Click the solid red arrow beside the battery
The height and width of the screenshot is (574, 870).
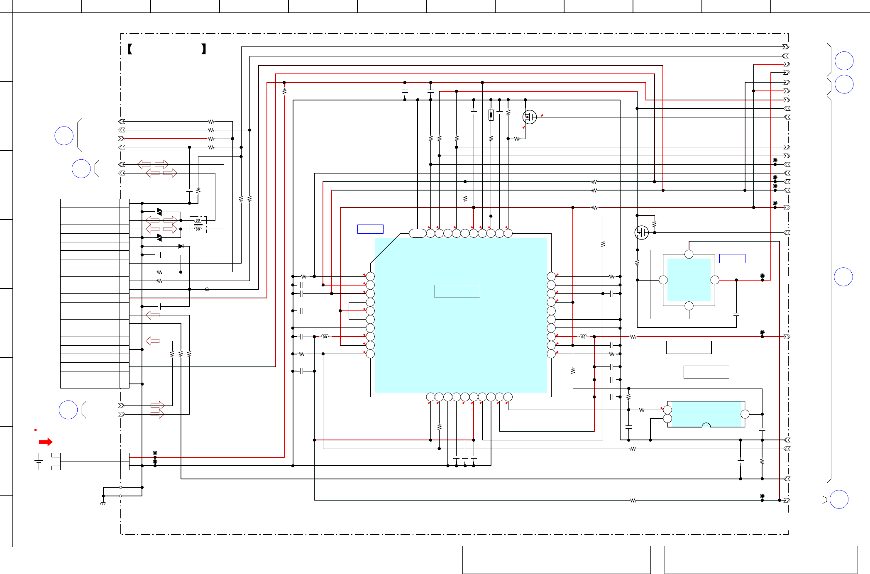46,442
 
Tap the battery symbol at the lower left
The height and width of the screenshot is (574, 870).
39,461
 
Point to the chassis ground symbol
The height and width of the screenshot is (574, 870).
103,503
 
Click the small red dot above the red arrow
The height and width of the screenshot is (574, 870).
36,430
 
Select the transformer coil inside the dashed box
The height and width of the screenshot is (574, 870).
198,225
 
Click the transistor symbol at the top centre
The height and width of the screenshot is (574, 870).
529,117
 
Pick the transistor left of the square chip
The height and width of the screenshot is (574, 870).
641,232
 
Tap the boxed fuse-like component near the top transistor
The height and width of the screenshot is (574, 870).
491,115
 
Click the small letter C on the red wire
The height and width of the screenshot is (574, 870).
207,289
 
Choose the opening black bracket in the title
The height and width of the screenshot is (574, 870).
130,49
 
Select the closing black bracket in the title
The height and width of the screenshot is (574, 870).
203,49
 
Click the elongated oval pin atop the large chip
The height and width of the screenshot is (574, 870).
417,233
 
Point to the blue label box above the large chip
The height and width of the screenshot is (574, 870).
370,229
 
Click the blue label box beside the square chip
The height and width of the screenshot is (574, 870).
732,259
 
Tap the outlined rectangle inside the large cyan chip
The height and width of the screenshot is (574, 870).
457,291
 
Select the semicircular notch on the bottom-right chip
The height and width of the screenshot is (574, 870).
706,425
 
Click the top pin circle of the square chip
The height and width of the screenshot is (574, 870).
689,254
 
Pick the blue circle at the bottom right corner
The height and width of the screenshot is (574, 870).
839,499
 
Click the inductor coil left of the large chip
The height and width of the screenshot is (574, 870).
325,337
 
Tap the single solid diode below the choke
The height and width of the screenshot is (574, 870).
181,246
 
